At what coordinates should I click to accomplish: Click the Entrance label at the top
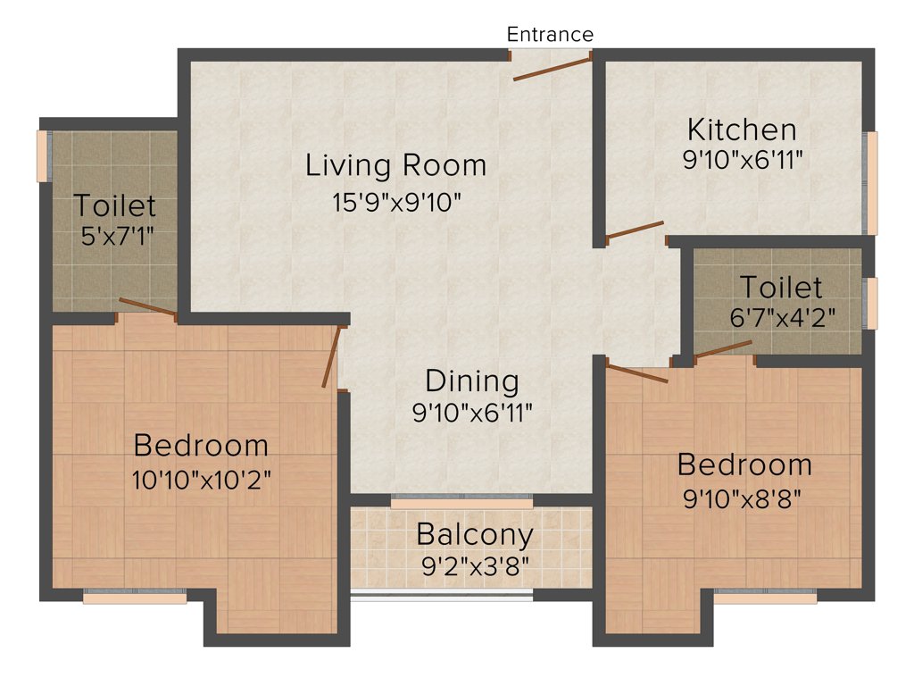[550, 34]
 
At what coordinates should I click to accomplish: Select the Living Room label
[395, 165]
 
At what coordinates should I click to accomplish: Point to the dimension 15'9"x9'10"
[395, 202]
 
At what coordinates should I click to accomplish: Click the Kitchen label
[741, 130]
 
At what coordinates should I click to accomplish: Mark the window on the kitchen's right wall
[872, 182]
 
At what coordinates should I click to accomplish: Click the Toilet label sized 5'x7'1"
[114, 205]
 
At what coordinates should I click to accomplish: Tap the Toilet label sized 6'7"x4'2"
[781, 288]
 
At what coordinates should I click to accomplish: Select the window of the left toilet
[41, 156]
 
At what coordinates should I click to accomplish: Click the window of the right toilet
[872, 303]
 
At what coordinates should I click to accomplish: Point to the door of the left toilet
[147, 307]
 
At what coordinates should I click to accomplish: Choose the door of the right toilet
[724, 348]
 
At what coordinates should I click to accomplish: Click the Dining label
[471, 381]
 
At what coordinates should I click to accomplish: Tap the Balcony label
[475, 535]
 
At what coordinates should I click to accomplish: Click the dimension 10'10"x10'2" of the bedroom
[201, 479]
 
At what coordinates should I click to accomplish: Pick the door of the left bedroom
[332, 357]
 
